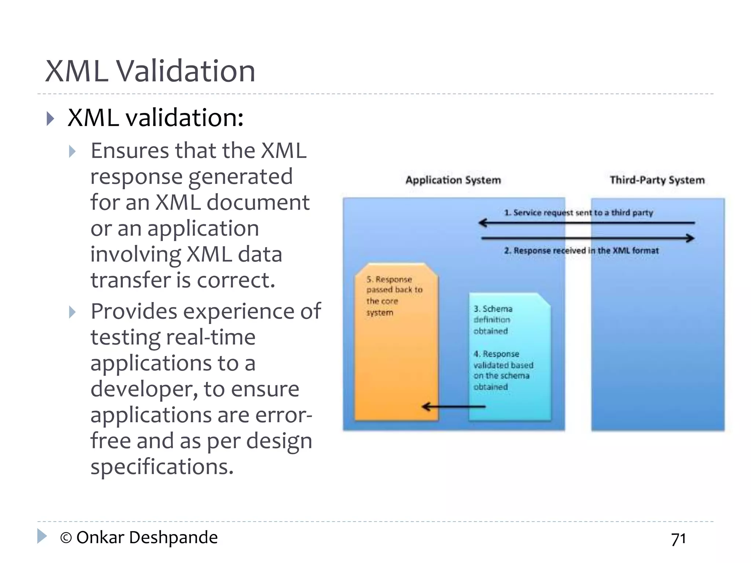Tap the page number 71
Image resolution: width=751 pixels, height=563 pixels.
coord(678,539)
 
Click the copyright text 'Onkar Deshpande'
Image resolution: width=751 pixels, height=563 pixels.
coord(147,538)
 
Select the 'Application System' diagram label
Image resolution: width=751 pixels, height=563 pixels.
coord(453,180)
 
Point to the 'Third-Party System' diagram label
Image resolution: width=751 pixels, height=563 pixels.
coord(657,180)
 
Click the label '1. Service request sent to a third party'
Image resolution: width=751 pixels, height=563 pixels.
coord(578,213)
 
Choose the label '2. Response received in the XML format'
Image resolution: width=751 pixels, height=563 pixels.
coord(581,251)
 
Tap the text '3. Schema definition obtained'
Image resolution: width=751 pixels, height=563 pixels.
coord(492,320)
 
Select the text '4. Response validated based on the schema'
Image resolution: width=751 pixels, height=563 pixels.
coord(503,370)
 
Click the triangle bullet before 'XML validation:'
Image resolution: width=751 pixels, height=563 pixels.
coord(51,119)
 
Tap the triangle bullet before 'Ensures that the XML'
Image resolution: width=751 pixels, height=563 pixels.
coord(72,151)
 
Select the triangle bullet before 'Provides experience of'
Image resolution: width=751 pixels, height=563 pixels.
coord(72,312)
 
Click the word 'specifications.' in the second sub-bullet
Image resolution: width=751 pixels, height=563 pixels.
coord(162,467)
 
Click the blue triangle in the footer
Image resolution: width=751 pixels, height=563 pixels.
coord(42,536)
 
